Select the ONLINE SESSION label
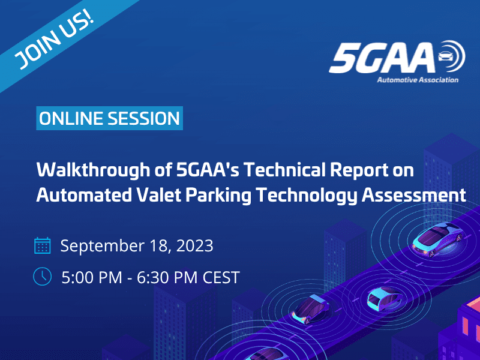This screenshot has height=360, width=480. pos(109,118)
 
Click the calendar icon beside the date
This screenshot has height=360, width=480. pos(42,245)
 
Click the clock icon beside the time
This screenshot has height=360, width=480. pos(42,276)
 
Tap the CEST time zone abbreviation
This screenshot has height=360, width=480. pos(221,277)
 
